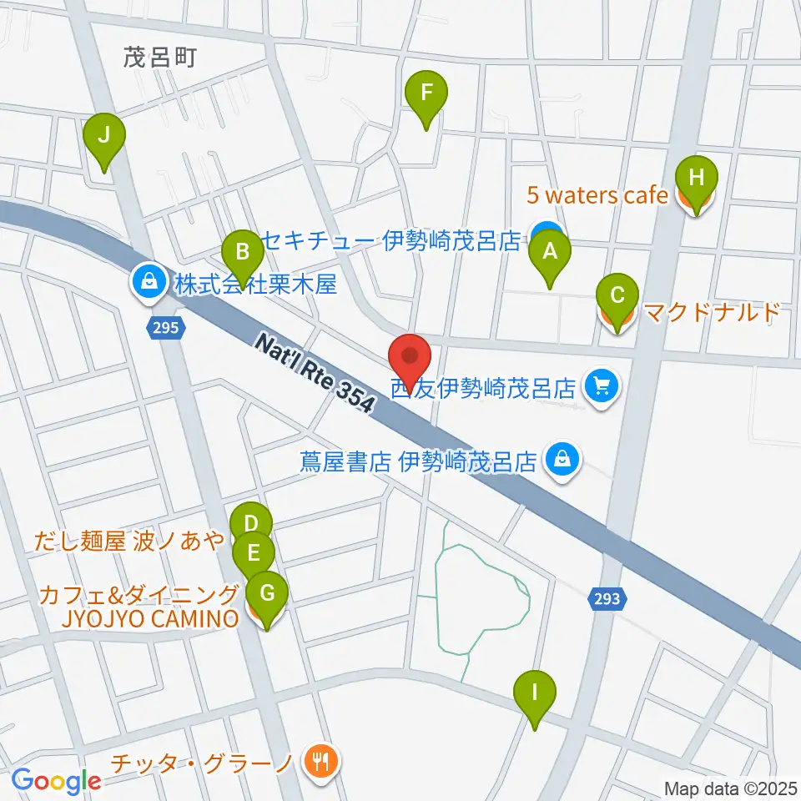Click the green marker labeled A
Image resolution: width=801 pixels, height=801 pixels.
click(x=549, y=252)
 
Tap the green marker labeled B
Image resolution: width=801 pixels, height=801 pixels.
click(x=242, y=252)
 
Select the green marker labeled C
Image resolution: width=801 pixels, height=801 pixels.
click(x=617, y=297)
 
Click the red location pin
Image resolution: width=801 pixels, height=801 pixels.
click(x=410, y=356)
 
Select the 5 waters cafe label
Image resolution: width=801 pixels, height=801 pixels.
click(x=597, y=196)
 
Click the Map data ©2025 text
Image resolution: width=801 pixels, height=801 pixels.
click(x=731, y=788)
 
